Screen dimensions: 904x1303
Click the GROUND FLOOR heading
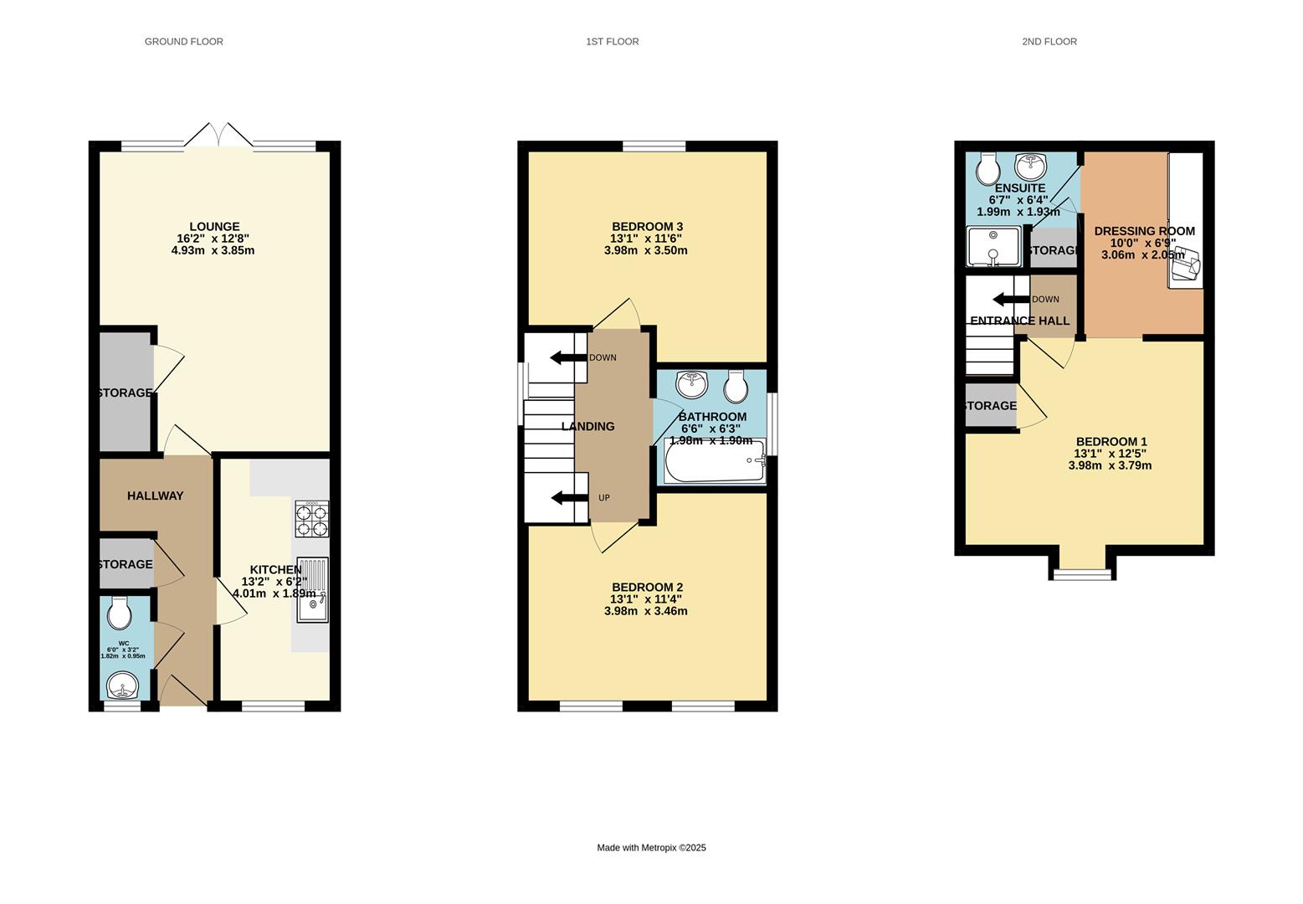click(x=183, y=41)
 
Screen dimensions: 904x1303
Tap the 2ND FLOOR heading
click(x=1049, y=41)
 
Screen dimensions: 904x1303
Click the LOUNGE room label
click(x=214, y=227)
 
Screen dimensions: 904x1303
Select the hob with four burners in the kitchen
click(x=311, y=518)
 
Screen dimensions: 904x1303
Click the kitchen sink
click(x=312, y=590)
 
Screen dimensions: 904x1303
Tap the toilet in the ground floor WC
click(x=121, y=613)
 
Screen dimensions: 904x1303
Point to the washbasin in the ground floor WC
click(x=123, y=687)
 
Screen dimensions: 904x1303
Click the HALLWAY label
click(x=155, y=496)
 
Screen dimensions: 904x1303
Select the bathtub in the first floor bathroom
click(x=715, y=461)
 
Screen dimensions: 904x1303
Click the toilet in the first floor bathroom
click(x=736, y=386)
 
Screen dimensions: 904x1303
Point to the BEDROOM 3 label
click(x=647, y=227)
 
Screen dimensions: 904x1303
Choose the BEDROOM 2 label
click(x=647, y=588)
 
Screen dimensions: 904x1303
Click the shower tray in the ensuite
click(x=993, y=246)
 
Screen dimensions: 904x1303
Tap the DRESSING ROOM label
click(x=1144, y=231)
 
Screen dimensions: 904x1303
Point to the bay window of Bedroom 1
click(x=1084, y=573)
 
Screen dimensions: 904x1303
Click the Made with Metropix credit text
click(x=651, y=848)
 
